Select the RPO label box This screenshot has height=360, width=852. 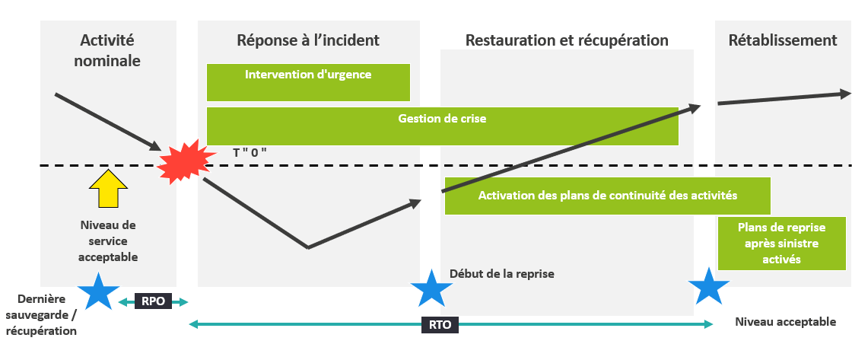[153, 301]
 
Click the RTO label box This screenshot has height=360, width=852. [440, 325]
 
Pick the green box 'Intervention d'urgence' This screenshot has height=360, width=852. [308, 82]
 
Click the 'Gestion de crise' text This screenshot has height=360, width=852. [442, 119]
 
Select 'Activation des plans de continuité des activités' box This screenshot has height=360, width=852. [607, 196]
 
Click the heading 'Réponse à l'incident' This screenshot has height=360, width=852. [308, 40]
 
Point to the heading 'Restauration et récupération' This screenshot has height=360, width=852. [567, 40]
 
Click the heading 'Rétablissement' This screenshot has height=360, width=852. [782, 40]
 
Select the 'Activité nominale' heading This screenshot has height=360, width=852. [107, 50]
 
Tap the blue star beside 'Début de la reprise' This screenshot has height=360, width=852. [431, 288]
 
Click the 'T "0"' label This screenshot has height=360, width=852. [250, 152]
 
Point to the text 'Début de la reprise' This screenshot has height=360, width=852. [501, 274]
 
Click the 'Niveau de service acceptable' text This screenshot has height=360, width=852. [108, 241]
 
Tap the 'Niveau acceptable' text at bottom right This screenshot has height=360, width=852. [785, 322]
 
